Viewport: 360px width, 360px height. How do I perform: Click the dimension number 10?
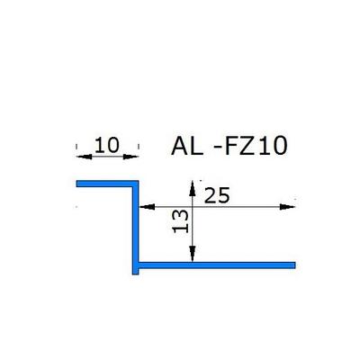[107, 145]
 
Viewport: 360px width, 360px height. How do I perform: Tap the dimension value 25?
[217, 195]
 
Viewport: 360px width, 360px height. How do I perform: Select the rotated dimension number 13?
[181, 221]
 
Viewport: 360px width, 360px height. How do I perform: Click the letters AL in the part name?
[187, 146]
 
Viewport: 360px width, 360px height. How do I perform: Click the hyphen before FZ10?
[218, 148]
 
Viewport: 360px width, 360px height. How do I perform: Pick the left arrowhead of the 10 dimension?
[84, 157]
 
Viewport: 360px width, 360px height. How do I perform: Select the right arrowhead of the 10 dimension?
[131, 157]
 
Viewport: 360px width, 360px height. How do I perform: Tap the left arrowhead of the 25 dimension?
[147, 207]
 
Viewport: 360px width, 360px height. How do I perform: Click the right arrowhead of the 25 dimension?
[287, 207]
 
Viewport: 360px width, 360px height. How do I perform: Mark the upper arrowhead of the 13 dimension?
[193, 188]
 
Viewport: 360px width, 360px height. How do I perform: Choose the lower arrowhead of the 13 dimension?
[193, 254]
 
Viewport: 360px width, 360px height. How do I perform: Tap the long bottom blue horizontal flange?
[217, 265]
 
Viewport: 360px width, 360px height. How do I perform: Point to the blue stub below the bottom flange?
[136, 272]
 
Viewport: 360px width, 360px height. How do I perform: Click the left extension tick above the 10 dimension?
[76, 147]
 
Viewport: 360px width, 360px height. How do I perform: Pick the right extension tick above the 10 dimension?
[139, 147]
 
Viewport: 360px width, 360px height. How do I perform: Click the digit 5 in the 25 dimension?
[224, 195]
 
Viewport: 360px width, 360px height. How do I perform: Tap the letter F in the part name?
[231, 146]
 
